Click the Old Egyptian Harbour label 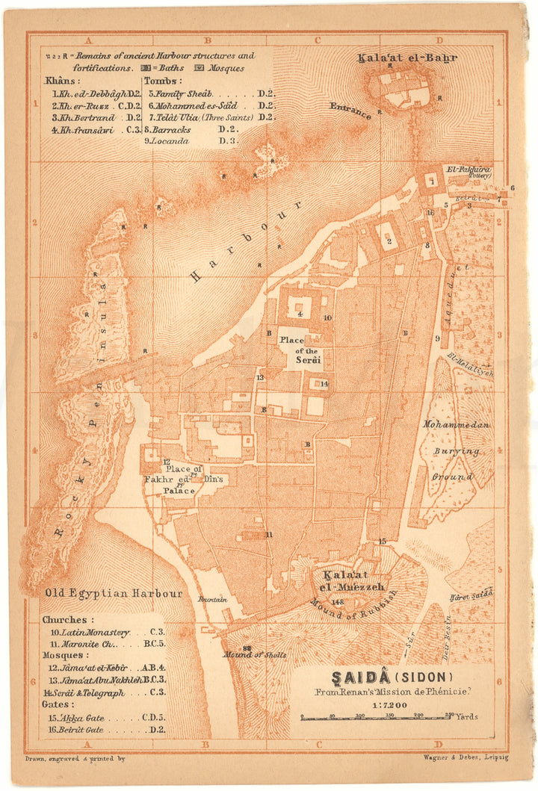[113, 594]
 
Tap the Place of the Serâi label [300, 350]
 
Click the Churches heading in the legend [68, 620]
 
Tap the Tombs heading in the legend [162, 81]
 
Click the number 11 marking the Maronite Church [269, 534]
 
